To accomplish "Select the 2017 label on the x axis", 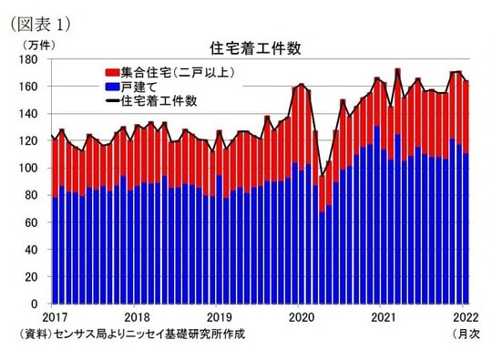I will [x=55, y=316].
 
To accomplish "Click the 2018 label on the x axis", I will [x=137, y=316].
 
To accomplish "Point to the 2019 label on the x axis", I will [x=219, y=316].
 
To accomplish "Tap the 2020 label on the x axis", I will [x=301, y=316].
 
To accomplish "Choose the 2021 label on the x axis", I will [x=383, y=316].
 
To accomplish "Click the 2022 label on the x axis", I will [x=465, y=316].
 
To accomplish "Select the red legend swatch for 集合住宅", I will [x=112, y=71].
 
